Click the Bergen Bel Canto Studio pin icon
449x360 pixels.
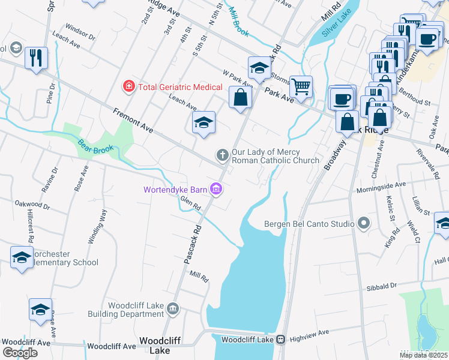pyautogui.click(x=363, y=224)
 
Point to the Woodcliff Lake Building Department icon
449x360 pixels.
pyautogui.click(x=173, y=309)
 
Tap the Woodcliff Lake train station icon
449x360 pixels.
pyautogui.click(x=280, y=340)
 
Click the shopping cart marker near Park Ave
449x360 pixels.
pyautogui.click(x=301, y=86)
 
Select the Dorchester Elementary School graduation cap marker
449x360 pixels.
pyautogui.click(x=22, y=257)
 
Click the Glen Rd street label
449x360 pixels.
pyautogui.click(x=190, y=205)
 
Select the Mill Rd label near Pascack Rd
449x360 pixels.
pyautogui.click(x=199, y=277)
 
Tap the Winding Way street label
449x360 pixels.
pyautogui.click(x=98, y=226)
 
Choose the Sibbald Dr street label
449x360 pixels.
pyautogui.click(x=381, y=287)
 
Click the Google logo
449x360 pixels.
pyautogui.click(x=20, y=352)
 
